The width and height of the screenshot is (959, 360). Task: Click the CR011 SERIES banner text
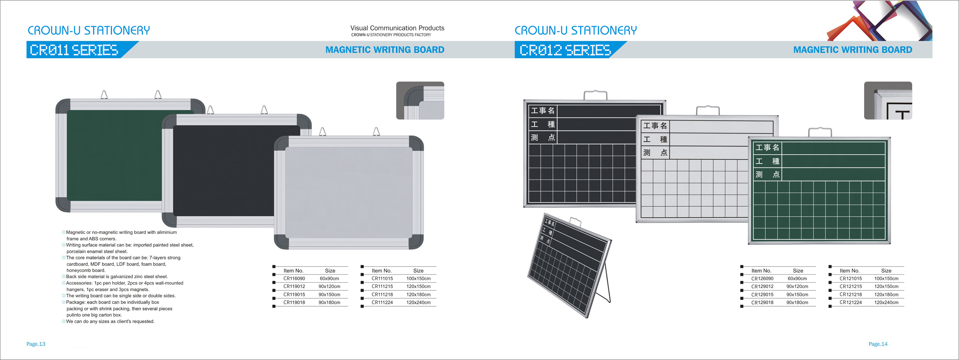[x=74, y=50]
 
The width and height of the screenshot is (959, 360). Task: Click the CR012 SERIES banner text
[x=565, y=50]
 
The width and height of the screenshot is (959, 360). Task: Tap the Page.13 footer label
[x=36, y=344]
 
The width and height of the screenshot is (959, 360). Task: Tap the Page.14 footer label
[x=878, y=344]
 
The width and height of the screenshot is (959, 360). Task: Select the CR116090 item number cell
[x=294, y=278]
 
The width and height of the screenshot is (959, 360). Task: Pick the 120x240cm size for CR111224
[x=419, y=302]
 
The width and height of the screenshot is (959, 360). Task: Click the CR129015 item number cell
[x=762, y=295]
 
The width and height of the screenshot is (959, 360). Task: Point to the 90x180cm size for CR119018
[x=329, y=302]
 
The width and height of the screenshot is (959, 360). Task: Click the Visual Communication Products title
[x=397, y=28]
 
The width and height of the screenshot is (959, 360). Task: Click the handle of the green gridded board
[x=820, y=132]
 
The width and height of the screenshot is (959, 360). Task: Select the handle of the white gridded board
[x=708, y=110]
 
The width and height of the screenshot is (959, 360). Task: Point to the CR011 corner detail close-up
[x=420, y=101]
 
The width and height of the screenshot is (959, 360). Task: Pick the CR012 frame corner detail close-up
[x=888, y=101]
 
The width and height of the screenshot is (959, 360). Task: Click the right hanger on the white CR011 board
[x=376, y=132]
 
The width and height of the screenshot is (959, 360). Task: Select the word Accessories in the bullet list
[x=79, y=283]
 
